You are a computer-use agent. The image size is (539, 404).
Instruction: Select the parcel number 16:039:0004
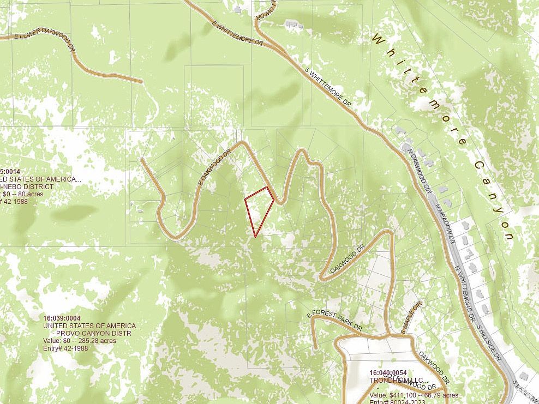[62, 318]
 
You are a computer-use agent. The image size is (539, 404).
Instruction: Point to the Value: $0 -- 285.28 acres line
[79, 341]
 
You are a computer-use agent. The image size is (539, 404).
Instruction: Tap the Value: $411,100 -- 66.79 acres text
[414, 395]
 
